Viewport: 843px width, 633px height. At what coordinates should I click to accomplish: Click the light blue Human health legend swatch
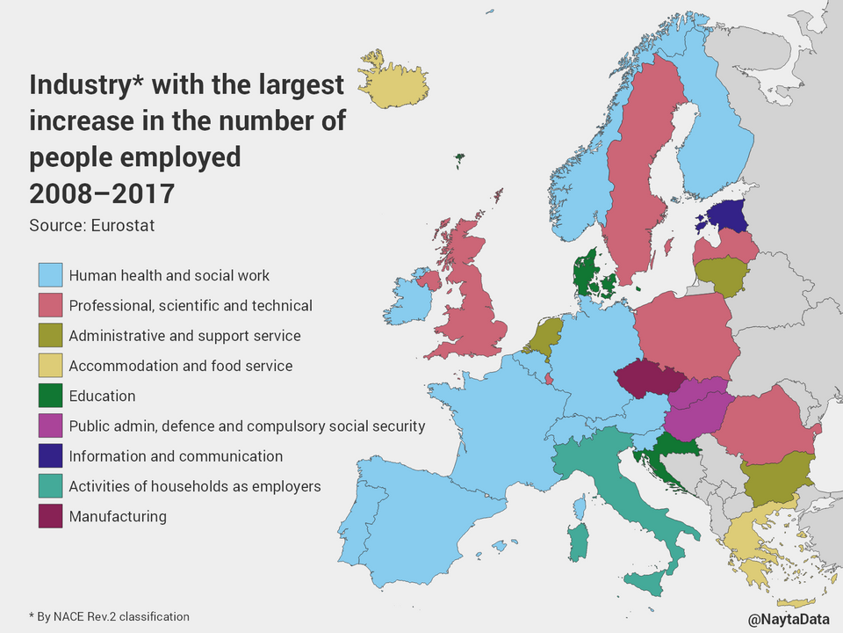50,275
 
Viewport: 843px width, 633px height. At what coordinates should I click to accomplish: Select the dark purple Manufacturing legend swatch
50,516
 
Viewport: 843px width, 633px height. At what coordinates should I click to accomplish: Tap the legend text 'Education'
102,397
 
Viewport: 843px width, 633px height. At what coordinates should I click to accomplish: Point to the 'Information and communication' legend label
176,456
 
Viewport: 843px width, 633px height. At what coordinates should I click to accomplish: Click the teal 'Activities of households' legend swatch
50,486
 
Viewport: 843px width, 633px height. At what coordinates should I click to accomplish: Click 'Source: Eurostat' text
91,225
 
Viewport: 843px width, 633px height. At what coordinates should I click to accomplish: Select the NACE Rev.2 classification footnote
109,616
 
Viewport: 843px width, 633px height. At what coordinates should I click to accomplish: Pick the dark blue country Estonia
724,215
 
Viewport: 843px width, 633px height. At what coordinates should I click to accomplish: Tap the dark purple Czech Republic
648,380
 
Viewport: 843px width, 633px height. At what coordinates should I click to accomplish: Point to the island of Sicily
650,580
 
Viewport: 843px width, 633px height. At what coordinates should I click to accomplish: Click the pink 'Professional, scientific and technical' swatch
50,306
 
